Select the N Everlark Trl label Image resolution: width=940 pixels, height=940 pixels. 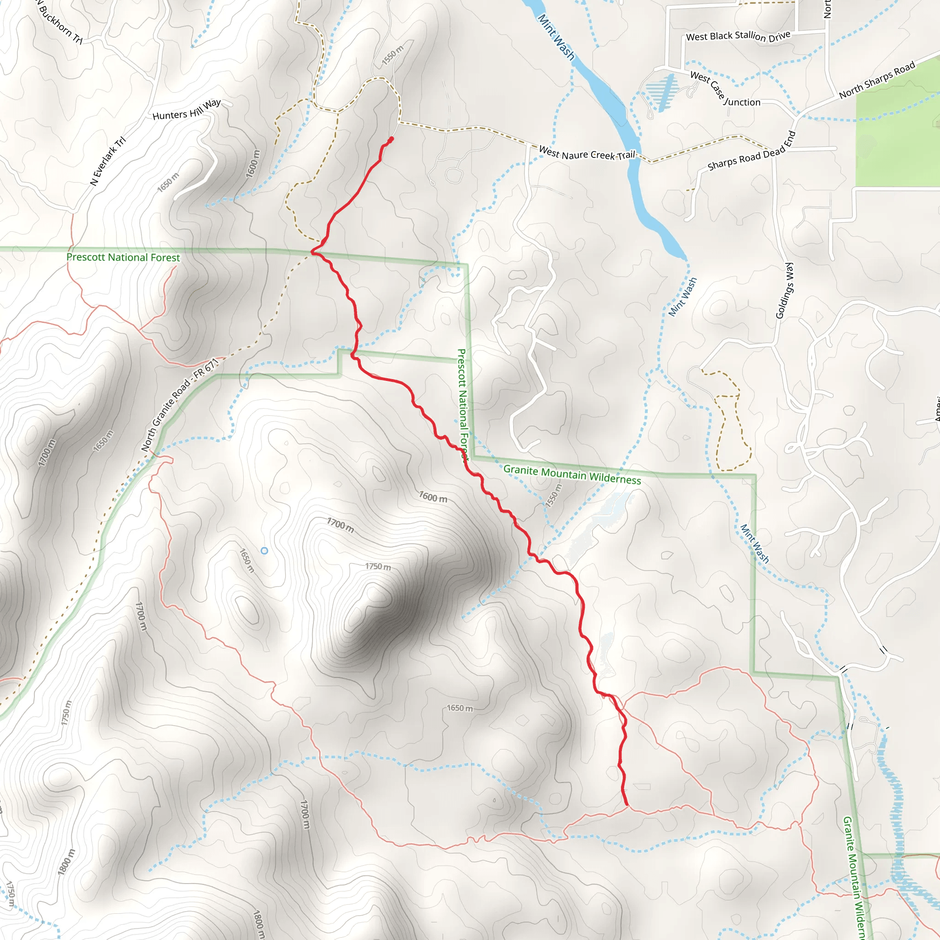click(x=108, y=161)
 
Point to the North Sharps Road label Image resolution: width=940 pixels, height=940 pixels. click(x=877, y=80)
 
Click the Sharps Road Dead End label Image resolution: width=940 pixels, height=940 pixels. click(x=751, y=151)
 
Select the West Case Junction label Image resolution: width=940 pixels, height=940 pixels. click(x=724, y=89)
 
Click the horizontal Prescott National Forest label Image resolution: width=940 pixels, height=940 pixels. click(x=123, y=257)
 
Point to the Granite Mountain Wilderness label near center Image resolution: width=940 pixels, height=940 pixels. click(x=572, y=475)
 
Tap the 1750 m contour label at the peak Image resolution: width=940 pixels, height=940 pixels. click(x=378, y=567)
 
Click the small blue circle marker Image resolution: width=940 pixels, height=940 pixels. click(x=264, y=551)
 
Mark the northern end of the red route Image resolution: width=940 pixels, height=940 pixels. click(x=391, y=139)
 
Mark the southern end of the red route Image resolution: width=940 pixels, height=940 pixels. click(x=627, y=805)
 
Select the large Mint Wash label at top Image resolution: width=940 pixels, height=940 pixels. click(x=556, y=37)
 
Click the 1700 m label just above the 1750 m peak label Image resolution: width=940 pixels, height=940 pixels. click(x=340, y=526)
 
